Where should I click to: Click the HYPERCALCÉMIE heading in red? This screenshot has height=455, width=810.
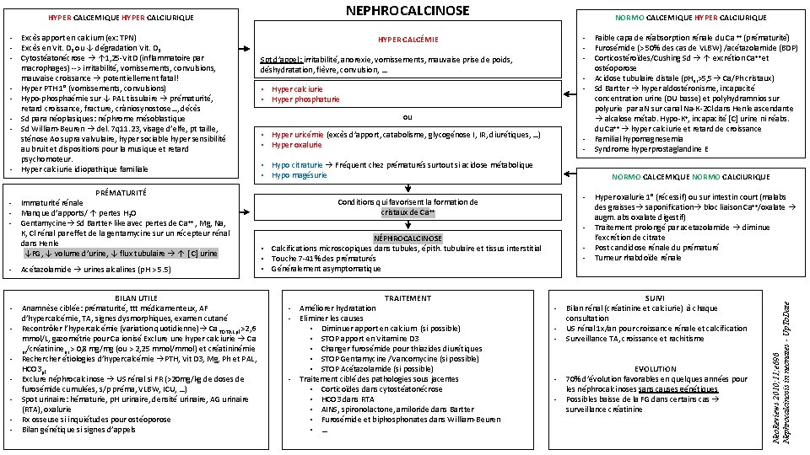(408, 40)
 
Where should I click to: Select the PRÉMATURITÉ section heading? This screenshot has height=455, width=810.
(121, 193)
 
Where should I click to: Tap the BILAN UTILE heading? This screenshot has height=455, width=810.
(137, 298)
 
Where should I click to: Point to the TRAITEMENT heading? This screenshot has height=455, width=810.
(408, 298)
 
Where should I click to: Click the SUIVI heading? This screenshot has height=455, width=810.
(654, 298)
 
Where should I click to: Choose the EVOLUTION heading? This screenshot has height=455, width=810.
(656, 369)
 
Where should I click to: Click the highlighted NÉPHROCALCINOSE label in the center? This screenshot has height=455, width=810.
(408, 238)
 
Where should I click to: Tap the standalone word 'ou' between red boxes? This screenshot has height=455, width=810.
(408, 116)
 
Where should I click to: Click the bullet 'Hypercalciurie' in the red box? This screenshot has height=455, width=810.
(299, 89)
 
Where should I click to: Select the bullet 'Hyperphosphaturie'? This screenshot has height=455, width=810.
(305, 99)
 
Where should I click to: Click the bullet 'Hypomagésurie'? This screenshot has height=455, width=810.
(300, 175)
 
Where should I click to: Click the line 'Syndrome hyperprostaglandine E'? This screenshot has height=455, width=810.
(651, 149)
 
